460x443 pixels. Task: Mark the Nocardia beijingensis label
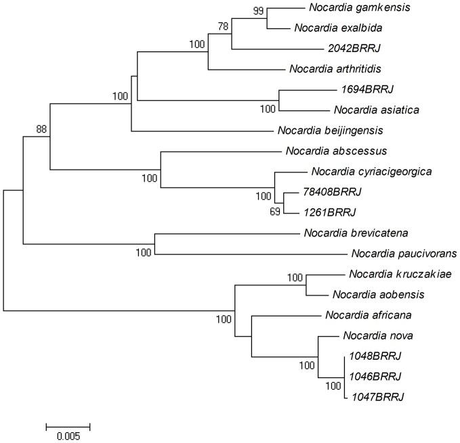point(321,130)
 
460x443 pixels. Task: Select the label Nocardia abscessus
point(322,150)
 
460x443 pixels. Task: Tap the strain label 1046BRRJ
point(375,375)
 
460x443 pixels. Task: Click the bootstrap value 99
point(257,9)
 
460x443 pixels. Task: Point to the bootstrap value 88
point(42,129)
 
